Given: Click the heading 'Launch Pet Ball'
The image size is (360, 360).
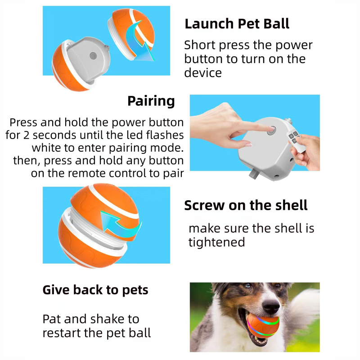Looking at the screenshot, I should [237, 24].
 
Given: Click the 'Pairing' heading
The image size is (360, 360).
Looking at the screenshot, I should [151, 101].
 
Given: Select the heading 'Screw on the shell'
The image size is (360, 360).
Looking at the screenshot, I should [246, 205].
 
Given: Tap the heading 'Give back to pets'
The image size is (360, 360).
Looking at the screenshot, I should [95, 290].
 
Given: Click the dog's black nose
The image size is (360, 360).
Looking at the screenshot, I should [270, 307].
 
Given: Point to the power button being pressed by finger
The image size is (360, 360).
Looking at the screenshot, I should [272, 131].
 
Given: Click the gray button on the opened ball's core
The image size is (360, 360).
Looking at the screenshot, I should [93, 55].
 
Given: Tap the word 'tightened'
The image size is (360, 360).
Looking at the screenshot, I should [216, 242].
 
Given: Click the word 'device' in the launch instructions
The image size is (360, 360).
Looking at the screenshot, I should [203, 72].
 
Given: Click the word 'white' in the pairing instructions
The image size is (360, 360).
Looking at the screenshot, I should [47, 148].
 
